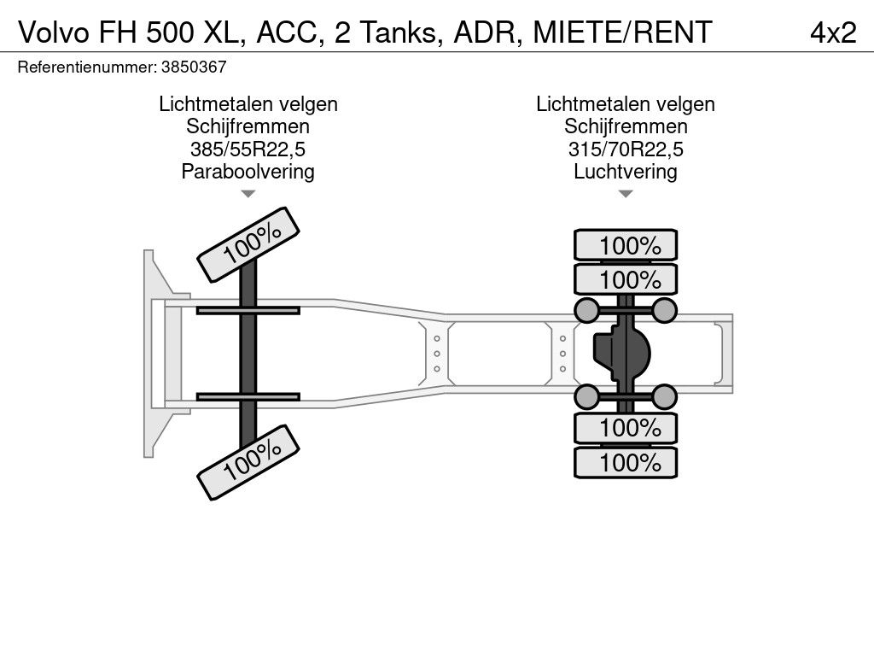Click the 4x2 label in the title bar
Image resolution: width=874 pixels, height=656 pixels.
tap(833, 32)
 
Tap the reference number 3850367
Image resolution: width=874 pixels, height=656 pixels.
tap(194, 67)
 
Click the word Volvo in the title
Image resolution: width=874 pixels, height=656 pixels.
tap(55, 32)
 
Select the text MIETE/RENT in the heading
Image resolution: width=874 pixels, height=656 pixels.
tap(622, 32)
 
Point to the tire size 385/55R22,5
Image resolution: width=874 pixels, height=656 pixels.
tap(248, 149)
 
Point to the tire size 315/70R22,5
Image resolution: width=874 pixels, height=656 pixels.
tap(626, 149)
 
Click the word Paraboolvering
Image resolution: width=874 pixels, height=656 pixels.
tap(248, 171)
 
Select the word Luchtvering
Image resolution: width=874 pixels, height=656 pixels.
tap(626, 171)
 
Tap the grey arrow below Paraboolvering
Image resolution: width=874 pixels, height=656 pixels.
tap(248, 194)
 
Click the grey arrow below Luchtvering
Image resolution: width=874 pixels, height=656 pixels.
tap(626, 194)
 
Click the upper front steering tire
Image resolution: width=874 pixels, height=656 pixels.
tap(248, 245)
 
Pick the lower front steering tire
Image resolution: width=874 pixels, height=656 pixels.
tap(248, 462)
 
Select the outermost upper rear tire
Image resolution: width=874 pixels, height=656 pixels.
tap(626, 245)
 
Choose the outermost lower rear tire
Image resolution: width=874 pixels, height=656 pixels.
tap(626, 462)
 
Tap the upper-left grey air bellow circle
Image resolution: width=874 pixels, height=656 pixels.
tap(586, 310)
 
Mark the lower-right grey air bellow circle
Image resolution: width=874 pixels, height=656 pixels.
tap(664, 396)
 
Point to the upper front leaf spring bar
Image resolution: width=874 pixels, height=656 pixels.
tap(248, 310)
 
